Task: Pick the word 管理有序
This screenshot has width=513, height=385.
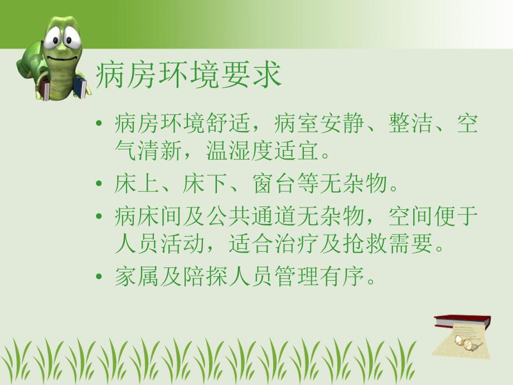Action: (x=320, y=277)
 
